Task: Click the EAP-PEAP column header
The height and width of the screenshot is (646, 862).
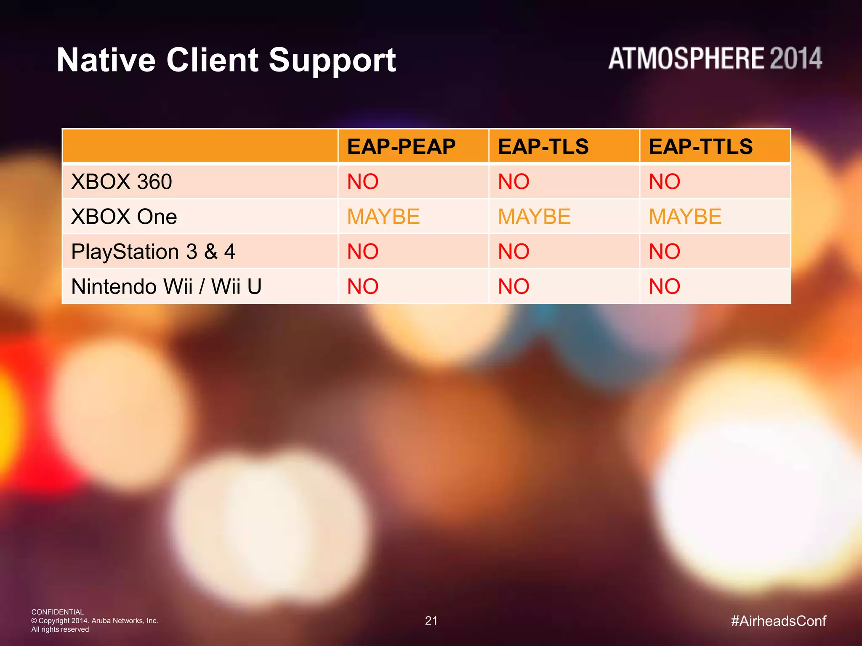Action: (x=401, y=147)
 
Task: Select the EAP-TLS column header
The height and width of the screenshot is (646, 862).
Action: (x=543, y=147)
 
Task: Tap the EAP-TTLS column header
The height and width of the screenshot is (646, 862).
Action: (x=700, y=147)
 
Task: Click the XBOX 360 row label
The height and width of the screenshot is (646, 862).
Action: (x=122, y=182)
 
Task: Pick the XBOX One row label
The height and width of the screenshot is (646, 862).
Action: (x=124, y=217)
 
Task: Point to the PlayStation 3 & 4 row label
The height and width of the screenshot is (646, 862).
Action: (x=153, y=252)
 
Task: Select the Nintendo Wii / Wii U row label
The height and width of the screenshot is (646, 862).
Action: (x=167, y=286)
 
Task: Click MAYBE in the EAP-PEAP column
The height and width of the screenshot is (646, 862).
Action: (x=383, y=217)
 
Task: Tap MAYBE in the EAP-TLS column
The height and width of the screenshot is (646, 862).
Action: (x=534, y=217)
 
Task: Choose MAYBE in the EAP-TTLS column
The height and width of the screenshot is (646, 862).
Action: (x=685, y=217)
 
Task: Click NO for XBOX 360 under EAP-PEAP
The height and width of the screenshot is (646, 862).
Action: (x=363, y=182)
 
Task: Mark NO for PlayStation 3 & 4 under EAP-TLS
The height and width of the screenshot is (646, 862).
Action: (x=513, y=252)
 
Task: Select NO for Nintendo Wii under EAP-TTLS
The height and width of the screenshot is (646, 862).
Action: (x=665, y=286)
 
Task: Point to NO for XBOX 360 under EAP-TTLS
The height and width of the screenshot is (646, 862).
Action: (x=665, y=182)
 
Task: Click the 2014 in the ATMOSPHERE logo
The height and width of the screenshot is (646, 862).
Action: (x=795, y=58)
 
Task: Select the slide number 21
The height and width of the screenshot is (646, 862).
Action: (x=431, y=621)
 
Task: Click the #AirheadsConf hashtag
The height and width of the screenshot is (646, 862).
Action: (x=778, y=621)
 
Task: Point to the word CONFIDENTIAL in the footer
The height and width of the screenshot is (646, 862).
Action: (x=58, y=612)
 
